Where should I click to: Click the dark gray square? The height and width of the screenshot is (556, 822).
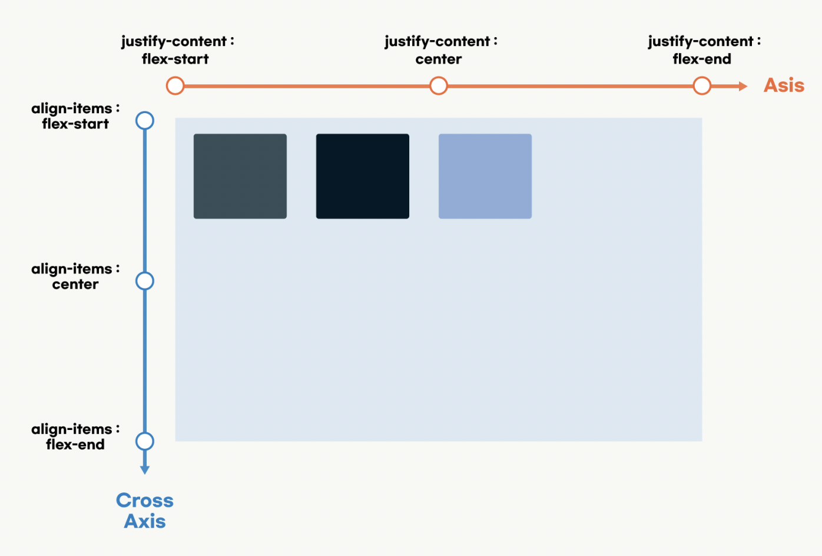[x=240, y=176]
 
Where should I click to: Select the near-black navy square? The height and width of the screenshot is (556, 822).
[x=363, y=176]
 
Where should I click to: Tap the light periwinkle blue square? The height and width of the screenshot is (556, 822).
[x=485, y=176]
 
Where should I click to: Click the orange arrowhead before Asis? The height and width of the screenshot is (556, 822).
[x=743, y=86]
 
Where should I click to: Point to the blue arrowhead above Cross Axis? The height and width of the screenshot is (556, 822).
[x=145, y=470]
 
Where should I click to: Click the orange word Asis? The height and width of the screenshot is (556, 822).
[x=784, y=85]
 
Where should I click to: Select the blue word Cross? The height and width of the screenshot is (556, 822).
[x=145, y=501]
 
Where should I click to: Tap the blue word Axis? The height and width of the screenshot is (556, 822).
[x=145, y=521]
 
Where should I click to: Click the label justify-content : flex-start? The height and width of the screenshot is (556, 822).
[x=178, y=50]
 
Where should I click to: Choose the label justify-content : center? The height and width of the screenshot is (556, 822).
[x=440, y=50]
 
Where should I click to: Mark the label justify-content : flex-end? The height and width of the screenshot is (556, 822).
[x=704, y=50]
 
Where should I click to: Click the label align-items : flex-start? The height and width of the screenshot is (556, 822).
[x=75, y=116]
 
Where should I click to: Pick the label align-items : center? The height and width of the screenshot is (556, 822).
[x=75, y=276]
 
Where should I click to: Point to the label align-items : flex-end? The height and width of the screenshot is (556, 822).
[x=75, y=436]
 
